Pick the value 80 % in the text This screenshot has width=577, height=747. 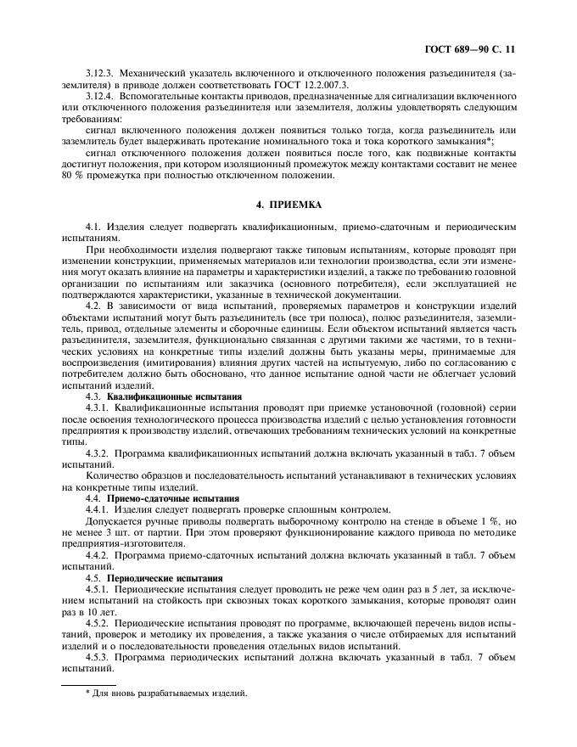tap(72, 175)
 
